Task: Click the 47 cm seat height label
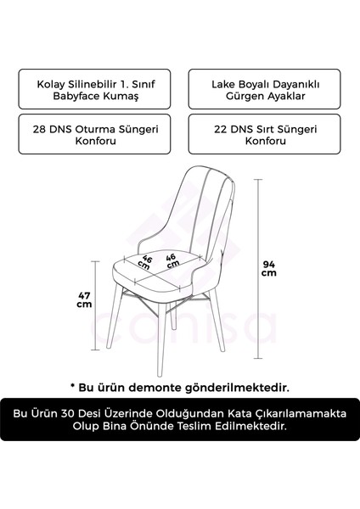tap(83, 299)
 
